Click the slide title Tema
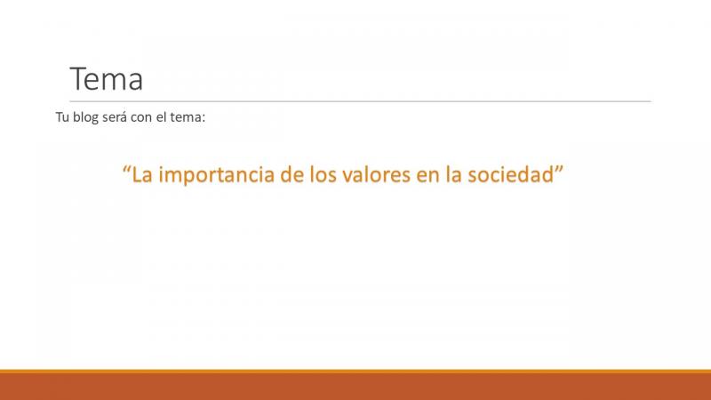coord(107,79)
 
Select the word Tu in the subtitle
coord(62,117)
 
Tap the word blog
coord(85,118)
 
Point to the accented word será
coord(115,117)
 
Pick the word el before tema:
coord(162,117)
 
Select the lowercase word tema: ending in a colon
coord(188,117)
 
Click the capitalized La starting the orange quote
coord(142,174)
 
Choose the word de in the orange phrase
coord(292,174)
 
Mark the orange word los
coord(323,174)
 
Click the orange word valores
coord(376,174)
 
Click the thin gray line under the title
coord(361,101)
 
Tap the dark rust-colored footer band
coord(355,387)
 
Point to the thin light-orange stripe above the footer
coord(355,372)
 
